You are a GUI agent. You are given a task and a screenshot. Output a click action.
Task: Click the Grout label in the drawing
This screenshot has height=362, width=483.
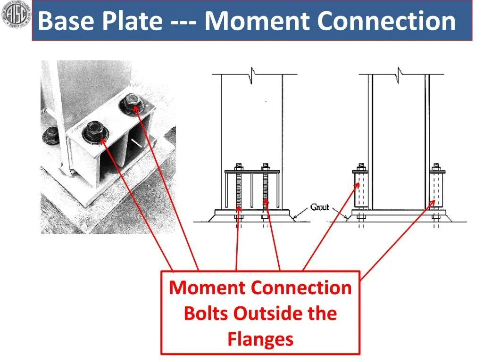319,207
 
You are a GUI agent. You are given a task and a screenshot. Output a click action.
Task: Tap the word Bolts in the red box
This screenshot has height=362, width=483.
206,313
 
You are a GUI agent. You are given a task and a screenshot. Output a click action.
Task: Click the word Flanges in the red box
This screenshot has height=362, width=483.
260,339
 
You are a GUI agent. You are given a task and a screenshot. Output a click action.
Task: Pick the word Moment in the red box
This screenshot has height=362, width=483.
208,288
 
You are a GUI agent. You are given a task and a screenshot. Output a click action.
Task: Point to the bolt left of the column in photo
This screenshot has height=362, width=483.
50,135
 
